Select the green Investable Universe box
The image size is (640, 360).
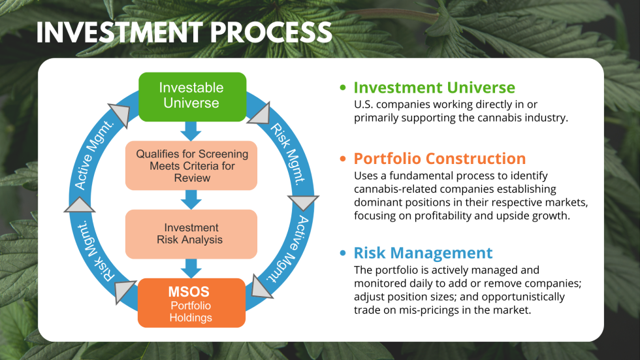[191, 96]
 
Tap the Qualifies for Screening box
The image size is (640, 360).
[191, 165]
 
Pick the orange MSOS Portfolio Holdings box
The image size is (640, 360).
[191, 303]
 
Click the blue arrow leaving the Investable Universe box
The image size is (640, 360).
[191, 131]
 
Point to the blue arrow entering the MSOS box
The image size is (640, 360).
[191, 268]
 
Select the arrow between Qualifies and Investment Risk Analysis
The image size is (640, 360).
[191, 199]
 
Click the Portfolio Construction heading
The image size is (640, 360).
[440, 159]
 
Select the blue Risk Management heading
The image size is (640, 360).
[423, 253]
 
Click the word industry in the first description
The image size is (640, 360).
[545, 118]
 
